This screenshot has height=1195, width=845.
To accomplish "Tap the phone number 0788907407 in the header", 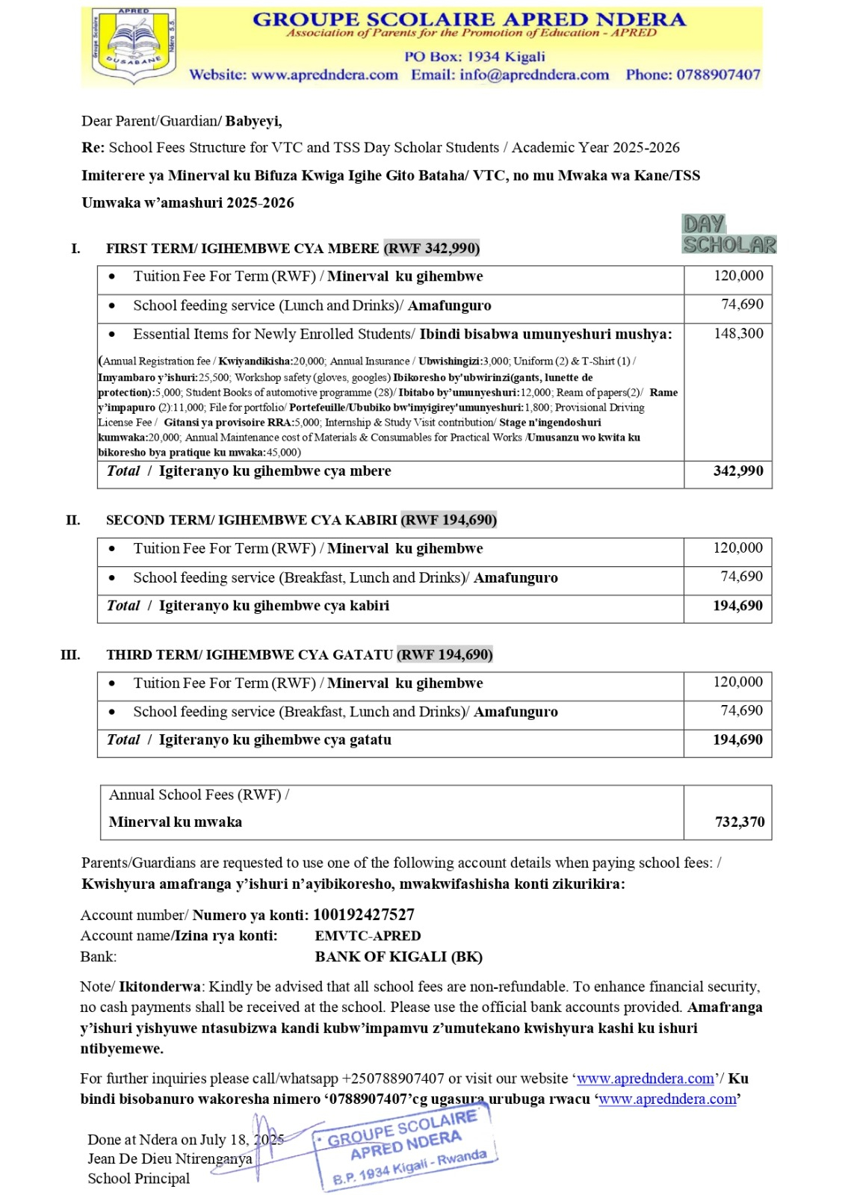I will click(693, 75).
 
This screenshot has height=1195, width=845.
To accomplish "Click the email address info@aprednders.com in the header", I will click(510, 75).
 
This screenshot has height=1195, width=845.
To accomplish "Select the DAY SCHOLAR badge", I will click(728, 235).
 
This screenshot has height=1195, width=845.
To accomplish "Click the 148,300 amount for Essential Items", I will click(738, 334).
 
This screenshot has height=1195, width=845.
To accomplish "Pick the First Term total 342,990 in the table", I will click(738, 471).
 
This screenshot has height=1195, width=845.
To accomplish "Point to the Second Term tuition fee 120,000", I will click(738, 548).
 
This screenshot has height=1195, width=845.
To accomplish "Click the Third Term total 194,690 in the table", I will click(738, 740).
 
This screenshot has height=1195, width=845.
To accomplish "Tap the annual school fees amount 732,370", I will click(740, 822).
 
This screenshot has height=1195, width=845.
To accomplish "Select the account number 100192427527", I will click(364, 915).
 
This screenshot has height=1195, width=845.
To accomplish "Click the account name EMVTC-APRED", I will click(368, 936).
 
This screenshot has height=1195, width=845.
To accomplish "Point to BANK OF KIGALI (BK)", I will click(398, 957).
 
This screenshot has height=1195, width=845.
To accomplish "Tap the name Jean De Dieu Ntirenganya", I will click(170, 1159).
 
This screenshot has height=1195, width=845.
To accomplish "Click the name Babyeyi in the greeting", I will click(253, 121).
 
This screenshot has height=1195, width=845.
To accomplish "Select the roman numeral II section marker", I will click(73, 520).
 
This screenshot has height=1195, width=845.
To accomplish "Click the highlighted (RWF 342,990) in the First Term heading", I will click(432, 248).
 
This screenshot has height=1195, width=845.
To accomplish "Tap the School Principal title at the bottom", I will click(139, 1179).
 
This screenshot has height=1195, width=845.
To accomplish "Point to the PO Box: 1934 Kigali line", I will click(474, 57).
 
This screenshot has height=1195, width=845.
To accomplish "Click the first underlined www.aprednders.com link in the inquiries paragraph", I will click(646, 1078).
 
